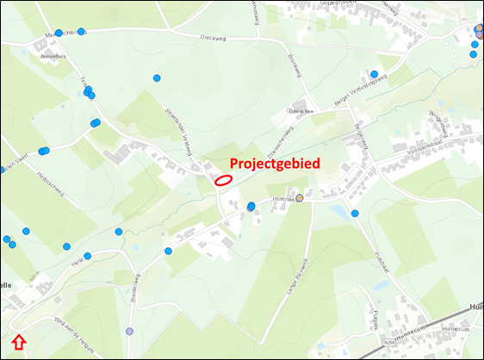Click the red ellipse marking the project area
223,180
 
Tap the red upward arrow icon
21,344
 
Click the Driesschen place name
299,111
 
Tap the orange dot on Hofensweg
300,198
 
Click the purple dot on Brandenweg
130,332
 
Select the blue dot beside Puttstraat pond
355,213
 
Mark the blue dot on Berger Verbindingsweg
375,74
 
